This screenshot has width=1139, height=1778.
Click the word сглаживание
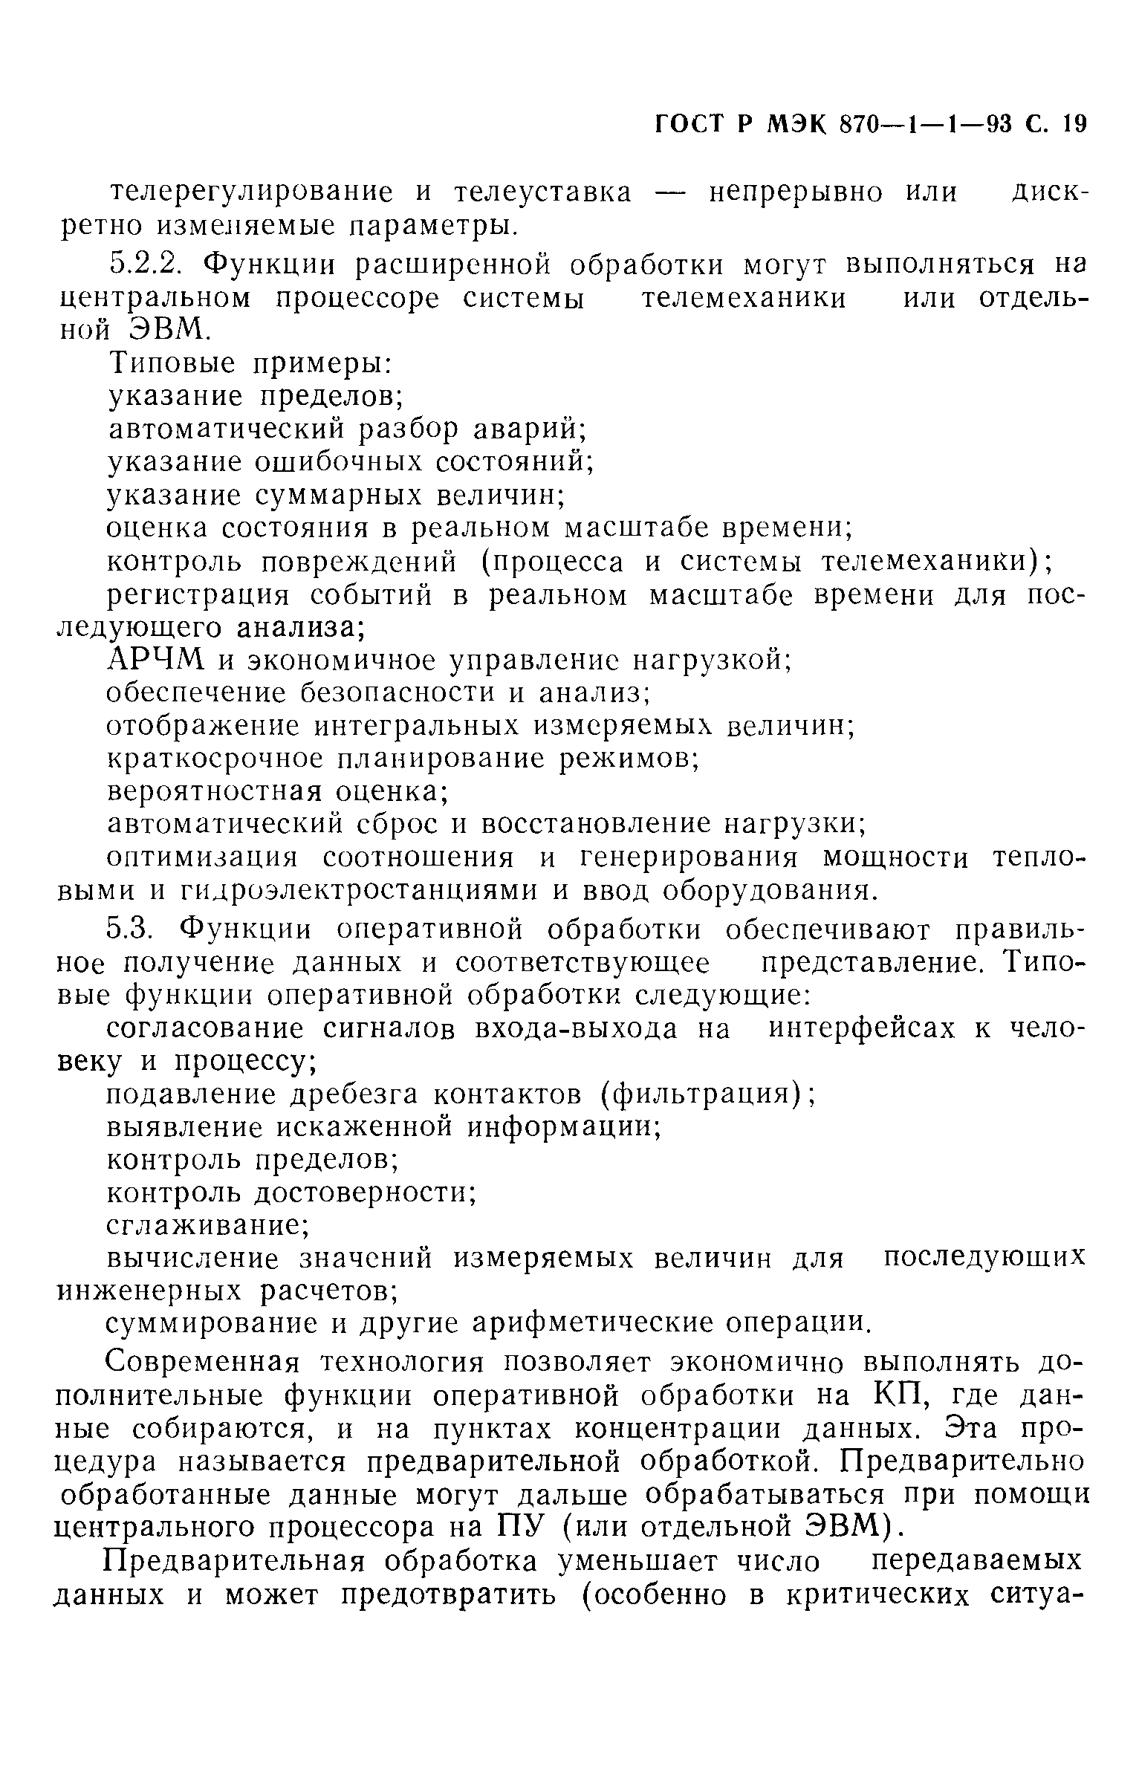click(x=204, y=1227)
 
